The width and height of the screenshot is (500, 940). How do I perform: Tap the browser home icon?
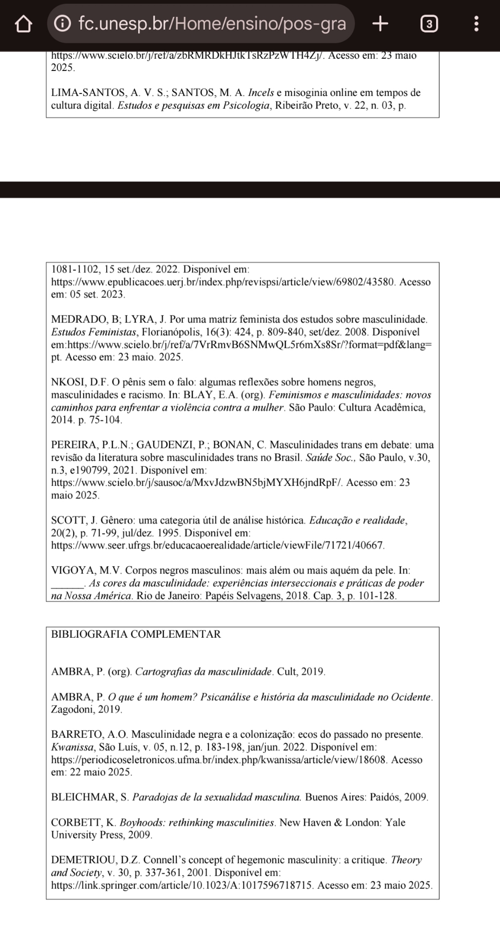coord(23,24)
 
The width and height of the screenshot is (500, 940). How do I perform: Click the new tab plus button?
coord(380,23)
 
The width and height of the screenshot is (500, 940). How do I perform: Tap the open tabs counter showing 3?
coord(428,23)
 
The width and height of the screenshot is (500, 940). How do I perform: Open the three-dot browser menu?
coord(477,23)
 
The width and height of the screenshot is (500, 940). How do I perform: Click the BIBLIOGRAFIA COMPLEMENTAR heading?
coord(135,634)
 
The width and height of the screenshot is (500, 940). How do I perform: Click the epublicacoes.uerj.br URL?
coord(225,282)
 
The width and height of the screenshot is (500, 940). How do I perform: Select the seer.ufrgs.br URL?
coord(218,545)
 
